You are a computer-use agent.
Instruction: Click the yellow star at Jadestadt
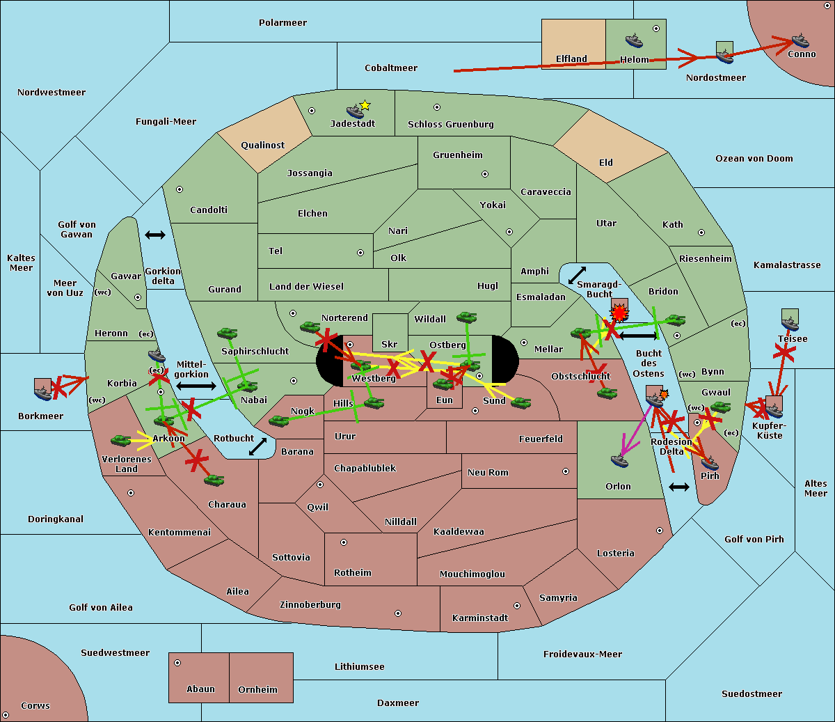(x=365, y=106)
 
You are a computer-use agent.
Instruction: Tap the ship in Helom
(x=634, y=40)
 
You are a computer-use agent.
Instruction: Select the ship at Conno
(x=800, y=41)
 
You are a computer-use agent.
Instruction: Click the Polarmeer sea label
(x=283, y=23)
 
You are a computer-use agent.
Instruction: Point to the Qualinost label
(x=262, y=145)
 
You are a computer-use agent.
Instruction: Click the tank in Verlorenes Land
(x=120, y=440)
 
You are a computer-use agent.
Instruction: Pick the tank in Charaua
(x=214, y=480)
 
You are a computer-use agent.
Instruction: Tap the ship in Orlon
(x=620, y=460)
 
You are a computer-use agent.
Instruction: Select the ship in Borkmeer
(x=43, y=393)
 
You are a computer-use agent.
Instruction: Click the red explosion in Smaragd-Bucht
(x=619, y=313)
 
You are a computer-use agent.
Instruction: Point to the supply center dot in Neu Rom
(x=566, y=471)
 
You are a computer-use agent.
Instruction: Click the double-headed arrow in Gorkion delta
(x=155, y=235)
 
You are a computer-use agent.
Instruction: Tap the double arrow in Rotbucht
(x=257, y=447)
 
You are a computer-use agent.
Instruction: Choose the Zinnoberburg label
(x=310, y=605)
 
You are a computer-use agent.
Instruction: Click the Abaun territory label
(x=201, y=689)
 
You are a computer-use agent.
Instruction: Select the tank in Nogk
(x=279, y=421)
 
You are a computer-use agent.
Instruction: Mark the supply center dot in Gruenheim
(x=485, y=174)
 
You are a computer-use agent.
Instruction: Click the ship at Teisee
(x=790, y=324)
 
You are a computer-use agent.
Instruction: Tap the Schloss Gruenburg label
(x=451, y=124)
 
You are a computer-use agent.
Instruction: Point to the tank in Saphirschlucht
(x=227, y=333)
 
